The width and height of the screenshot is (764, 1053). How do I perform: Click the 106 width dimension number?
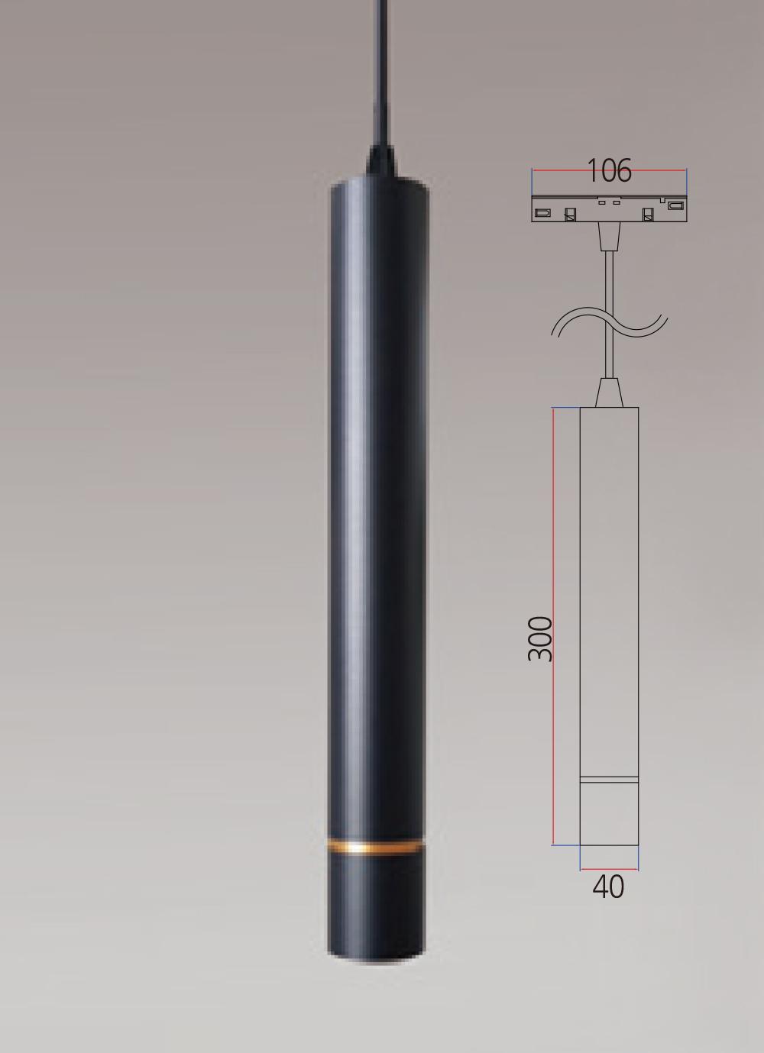[609, 170]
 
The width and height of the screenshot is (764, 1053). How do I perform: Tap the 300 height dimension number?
[540, 638]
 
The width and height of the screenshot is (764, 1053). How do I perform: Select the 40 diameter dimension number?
[608, 887]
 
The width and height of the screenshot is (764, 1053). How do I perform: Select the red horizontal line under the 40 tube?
[609, 869]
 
